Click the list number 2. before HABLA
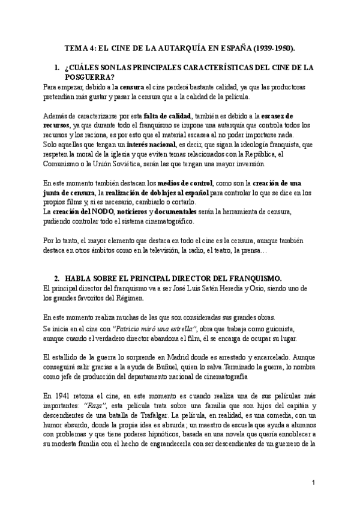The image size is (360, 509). [58, 279]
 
